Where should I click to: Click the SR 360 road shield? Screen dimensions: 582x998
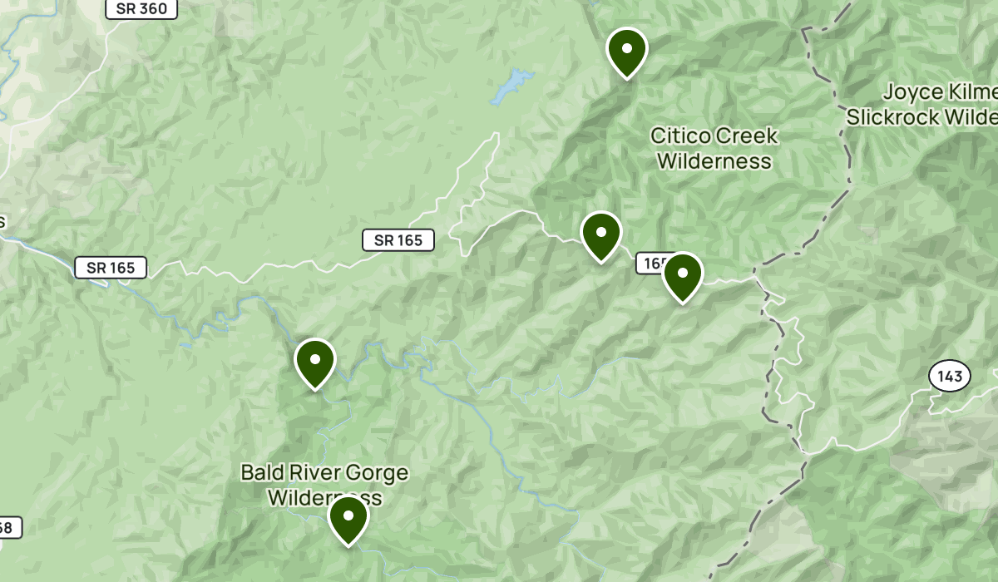(141, 9)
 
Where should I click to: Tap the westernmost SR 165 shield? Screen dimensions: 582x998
(111, 268)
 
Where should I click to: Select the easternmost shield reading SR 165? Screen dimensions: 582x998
(398, 240)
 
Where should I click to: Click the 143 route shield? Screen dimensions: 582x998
(949, 377)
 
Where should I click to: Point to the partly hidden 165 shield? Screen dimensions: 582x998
(651, 264)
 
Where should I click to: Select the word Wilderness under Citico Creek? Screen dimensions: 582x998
(714, 160)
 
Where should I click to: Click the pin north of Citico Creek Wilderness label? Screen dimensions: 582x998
(626, 52)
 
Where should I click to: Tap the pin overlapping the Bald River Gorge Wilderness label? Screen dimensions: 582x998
(348, 519)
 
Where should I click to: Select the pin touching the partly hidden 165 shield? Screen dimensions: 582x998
(682, 276)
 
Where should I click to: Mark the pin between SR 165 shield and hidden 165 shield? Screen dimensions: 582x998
(600, 235)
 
